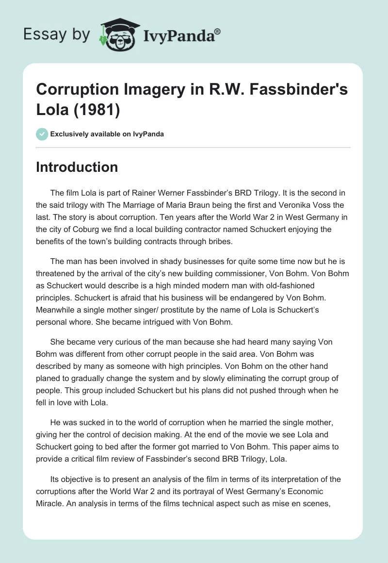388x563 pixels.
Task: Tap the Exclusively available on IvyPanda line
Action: tap(107, 134)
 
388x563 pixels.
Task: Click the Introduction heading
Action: tap(77, 167)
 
